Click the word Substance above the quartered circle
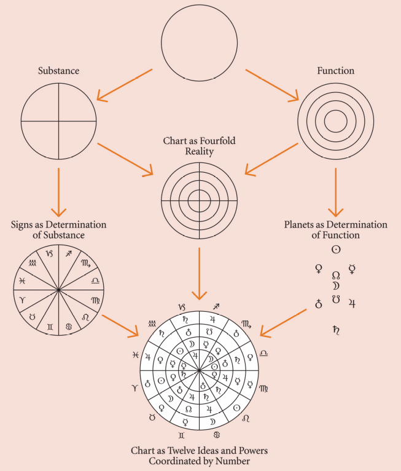[58, 71]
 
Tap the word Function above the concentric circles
[336, 71]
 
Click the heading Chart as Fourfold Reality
[199, 146]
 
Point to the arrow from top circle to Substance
[124, 85]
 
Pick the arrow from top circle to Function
[272, 85]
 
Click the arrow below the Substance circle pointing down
[58, 192]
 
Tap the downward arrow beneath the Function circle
[336, 192]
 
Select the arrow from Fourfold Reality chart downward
[199, 274]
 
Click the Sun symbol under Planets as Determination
[336, 249]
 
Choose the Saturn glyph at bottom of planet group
[336, 330]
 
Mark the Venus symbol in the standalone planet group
[319, 269]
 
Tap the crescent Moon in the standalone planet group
[336, 286]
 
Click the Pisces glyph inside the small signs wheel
[22, 281]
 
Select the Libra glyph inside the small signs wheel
[95, 280]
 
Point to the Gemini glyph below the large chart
[181, 435]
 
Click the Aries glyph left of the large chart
[134, 388]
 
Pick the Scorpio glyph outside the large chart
[246, 324]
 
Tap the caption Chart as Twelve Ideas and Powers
[199, 451]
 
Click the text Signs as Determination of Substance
[58, 230]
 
